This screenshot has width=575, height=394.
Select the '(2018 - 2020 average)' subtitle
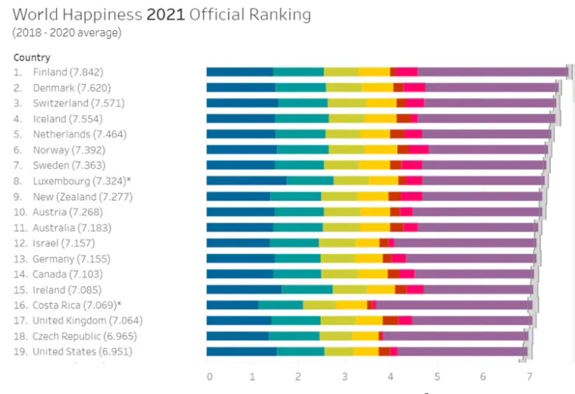click(67, 33)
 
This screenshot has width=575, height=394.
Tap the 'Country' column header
click(32, 58)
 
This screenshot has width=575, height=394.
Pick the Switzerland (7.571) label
click(78, 103)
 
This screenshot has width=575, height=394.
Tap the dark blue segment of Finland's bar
click(239, 72)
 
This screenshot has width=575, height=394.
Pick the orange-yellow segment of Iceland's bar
click(381, 118)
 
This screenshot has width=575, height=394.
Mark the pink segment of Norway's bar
click(419, 149)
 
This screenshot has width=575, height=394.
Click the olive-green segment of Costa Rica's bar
click(319, 305)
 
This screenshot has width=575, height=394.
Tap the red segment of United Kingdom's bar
click(390, 320)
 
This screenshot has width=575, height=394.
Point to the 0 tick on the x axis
click(209, 377)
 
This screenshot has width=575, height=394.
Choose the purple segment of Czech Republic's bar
click(454, 336)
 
